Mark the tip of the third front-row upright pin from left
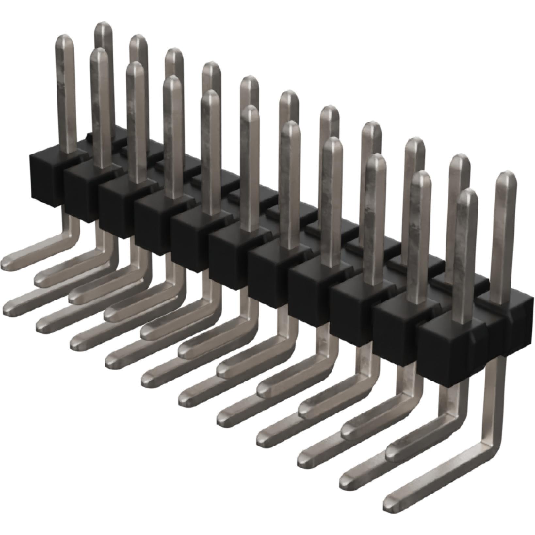pyautogui.click(x=135, y=69)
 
